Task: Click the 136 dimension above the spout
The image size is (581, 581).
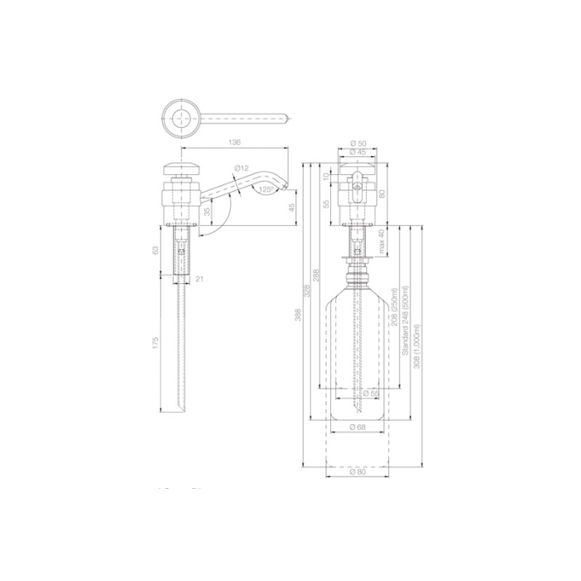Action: (x=234, y=144)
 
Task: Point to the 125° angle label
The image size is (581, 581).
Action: (x=266, y=189)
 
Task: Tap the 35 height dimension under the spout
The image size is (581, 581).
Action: (x=207, y=212)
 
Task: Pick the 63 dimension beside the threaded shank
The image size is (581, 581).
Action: (x=156, y=250)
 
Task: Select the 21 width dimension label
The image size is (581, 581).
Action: (x=200, y=280)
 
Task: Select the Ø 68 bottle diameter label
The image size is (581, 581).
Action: (x=358, y=427)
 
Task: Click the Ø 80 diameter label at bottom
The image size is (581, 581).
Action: (x=358, y=471)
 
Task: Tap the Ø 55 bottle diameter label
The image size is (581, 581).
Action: (x=369, y=393)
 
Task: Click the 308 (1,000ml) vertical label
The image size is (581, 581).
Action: (x=418, y=347)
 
